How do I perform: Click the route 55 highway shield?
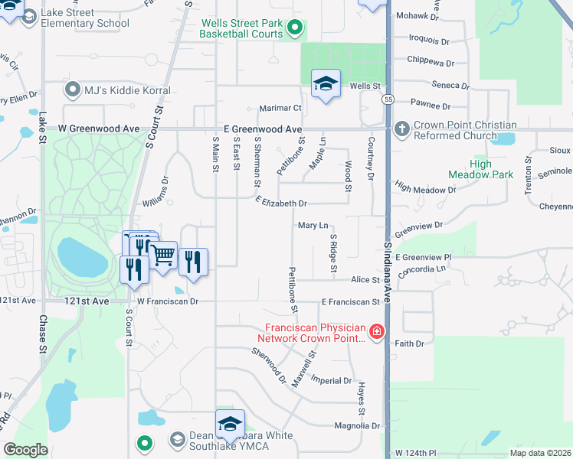point(388,99)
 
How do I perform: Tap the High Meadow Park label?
point(491,169)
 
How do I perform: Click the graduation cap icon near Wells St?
point(326,84)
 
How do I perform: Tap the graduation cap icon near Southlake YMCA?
point(229,424)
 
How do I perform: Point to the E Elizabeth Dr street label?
point(281,203)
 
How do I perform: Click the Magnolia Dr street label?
point(357,425)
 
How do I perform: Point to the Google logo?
point(26,450)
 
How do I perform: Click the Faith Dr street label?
point(409,343)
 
